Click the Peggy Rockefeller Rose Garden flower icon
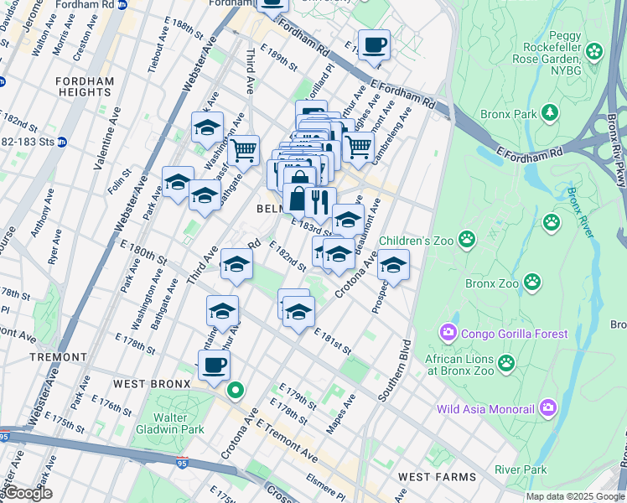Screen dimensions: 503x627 point(594,52)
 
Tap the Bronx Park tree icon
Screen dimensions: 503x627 point(550,112)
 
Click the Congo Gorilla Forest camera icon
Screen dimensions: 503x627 point(448,334)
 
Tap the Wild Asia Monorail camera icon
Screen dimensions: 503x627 point(548,409)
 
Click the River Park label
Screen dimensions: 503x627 point(520,470)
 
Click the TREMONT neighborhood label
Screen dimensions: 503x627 point(58,356)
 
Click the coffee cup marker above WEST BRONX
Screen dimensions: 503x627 point(215,365)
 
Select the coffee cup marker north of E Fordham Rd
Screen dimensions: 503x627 point(374,44)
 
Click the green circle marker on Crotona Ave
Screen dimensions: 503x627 point(236,390)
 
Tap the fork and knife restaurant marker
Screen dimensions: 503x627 point(320,202)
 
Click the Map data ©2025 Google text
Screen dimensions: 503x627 point(575,496)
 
